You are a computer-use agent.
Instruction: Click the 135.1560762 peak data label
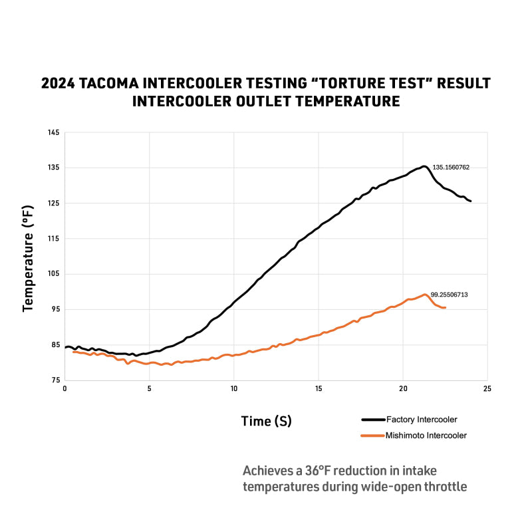coord(451,168)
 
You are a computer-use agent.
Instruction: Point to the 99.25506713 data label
coord(449,294)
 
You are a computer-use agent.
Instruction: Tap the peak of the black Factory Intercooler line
coord(424,166)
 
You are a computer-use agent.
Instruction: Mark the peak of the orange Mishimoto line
coord(424,294)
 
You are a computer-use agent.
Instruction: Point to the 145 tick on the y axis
coord(53,133)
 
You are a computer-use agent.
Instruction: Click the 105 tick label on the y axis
coord(53,274)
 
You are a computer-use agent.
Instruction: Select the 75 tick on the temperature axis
coord(55,380)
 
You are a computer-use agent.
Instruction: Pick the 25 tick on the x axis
coord(487,388)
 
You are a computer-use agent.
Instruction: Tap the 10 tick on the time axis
coord(234,388)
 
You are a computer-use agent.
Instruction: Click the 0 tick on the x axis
coord(65,388)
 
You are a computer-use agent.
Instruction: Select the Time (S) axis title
coord(266,421)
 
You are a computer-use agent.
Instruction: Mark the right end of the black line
coord(470,201)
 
